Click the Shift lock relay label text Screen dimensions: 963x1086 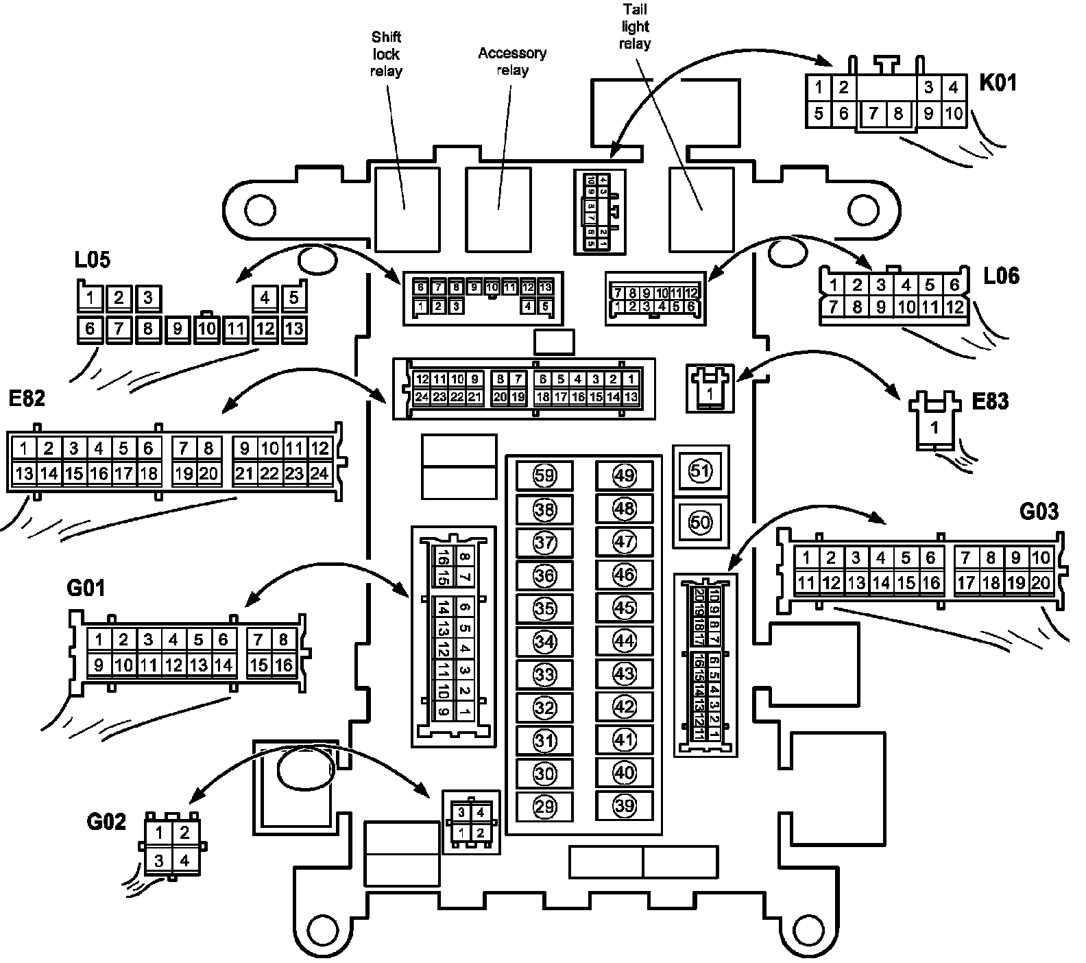[386, 54]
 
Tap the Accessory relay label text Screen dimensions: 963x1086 [512, 62]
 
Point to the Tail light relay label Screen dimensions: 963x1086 [635, 27]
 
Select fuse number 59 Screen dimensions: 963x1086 [544, 475]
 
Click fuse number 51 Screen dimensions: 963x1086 [701, 471]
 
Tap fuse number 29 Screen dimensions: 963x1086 [544, 807]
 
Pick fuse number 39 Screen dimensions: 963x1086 [624, 806]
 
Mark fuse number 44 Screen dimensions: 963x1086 [624, 641]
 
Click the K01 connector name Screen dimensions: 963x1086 [998, 83]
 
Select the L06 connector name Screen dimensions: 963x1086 [1001, 276]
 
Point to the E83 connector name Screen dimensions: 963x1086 [991, 401]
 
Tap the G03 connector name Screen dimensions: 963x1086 [1039, 512]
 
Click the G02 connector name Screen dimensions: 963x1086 [106, 821]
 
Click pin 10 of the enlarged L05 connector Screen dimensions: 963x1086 [206, 329]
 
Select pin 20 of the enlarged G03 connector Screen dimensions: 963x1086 [1040, 583]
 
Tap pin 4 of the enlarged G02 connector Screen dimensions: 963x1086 [184, 860]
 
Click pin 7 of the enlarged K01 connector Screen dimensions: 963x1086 [873, 114]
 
